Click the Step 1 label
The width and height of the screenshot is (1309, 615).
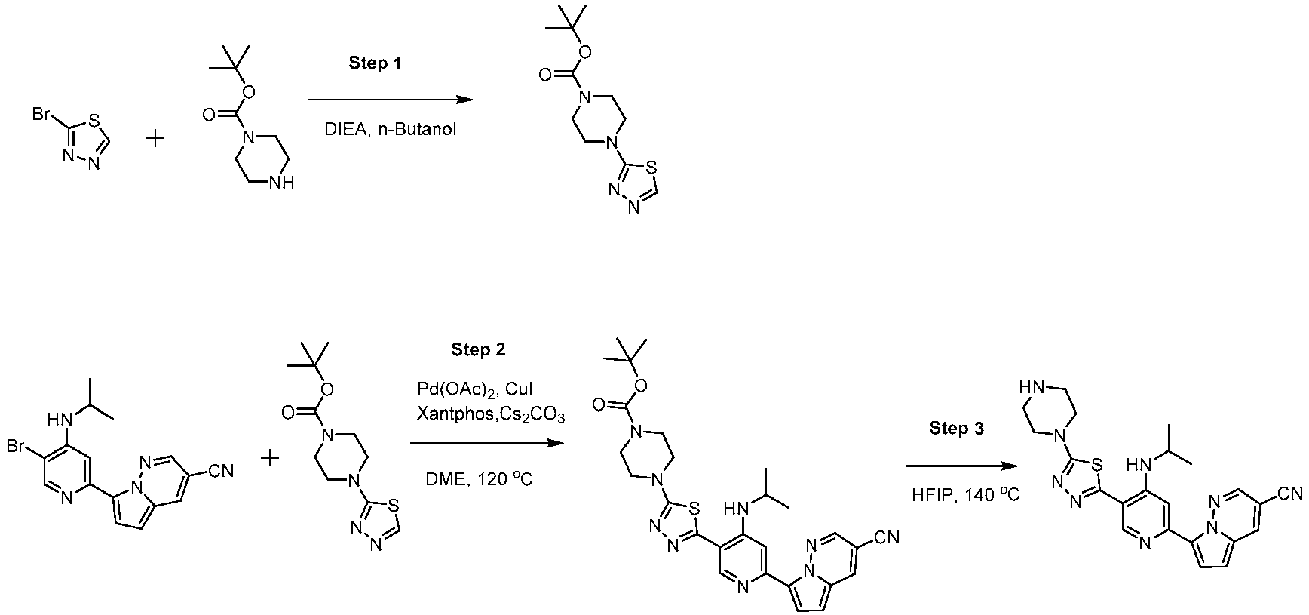375,63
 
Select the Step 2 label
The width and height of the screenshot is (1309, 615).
479,349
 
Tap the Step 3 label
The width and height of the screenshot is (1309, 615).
956,429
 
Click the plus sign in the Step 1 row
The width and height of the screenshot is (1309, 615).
155,139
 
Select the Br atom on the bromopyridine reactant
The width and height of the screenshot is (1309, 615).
18,446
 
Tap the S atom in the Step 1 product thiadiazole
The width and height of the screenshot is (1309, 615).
652,163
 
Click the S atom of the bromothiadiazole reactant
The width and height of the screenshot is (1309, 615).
94,118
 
